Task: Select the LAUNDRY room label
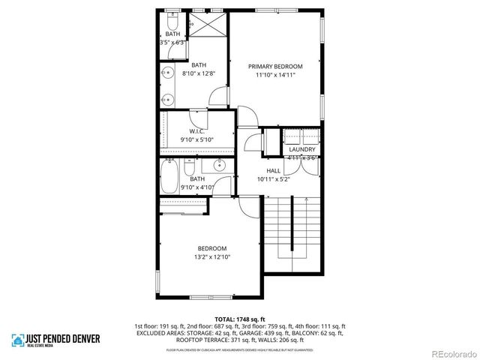click(x=302, y=149)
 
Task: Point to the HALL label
click(x=274, y=171)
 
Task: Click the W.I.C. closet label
click(x=197, y=131)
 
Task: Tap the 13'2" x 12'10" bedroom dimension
click(x=212, y=256)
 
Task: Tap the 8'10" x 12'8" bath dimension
click(x=199, y=73)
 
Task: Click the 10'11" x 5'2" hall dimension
click(x=274, y=179)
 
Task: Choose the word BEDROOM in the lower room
click(x=212, y=248)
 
